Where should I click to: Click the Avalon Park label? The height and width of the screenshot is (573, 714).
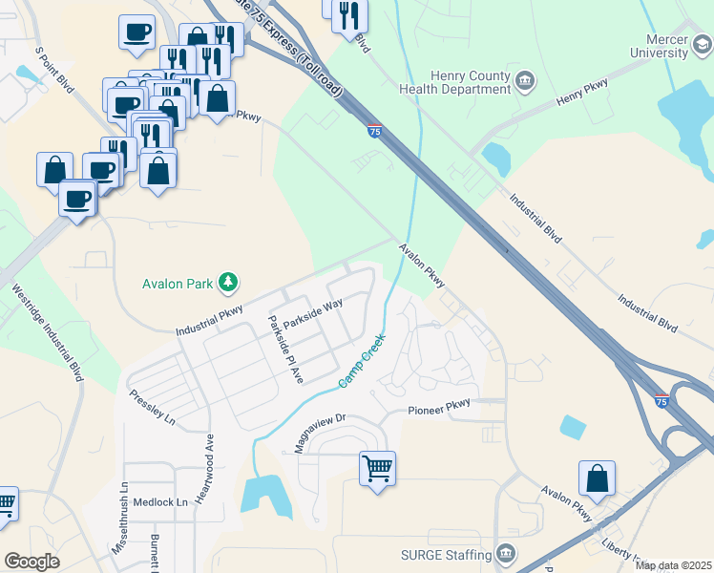tap(177, 284)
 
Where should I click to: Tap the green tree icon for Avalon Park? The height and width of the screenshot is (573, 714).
tap(227, 282)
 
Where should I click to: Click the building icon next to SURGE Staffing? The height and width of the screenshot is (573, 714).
tap(505, 554)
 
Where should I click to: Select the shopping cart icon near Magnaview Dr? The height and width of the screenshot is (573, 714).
tap(378, 468)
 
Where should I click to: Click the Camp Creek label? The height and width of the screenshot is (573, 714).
tap(362, 361)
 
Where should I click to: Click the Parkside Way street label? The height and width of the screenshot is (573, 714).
tap(311, 314)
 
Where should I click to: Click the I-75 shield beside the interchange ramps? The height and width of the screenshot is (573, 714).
tap(662, 402)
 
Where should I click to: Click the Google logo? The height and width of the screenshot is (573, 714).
tap(31, 562)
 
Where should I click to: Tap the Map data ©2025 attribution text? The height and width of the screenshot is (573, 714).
tap(673, 565)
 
